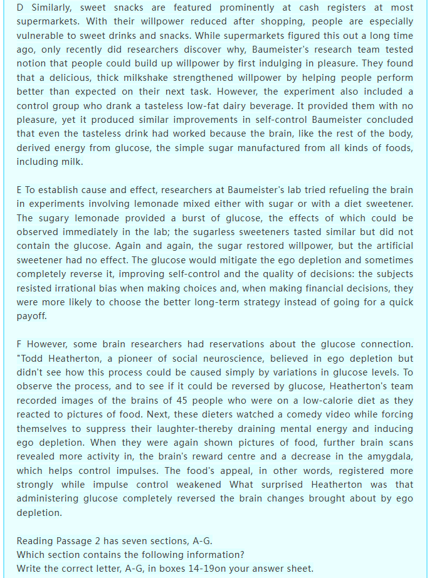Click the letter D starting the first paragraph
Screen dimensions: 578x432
tap(21, 8)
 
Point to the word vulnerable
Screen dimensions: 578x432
tap(41, 36)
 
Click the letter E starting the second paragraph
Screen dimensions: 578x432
tap(20, 190)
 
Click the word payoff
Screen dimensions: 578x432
tap(31, 315)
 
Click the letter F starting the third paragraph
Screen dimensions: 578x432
tap(20, 344)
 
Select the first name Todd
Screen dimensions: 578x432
tap(31, 358)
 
